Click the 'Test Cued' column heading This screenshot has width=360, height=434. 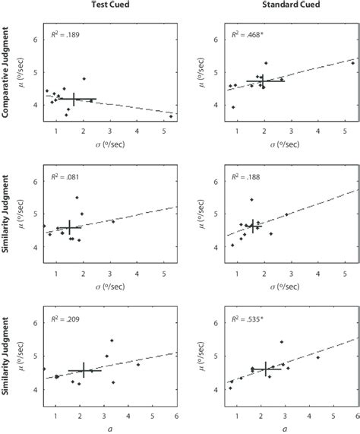point(109,6)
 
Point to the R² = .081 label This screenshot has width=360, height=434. point(65,178)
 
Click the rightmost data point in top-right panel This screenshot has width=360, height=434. point(352,63)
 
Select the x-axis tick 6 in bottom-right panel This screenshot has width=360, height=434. point(356,417)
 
